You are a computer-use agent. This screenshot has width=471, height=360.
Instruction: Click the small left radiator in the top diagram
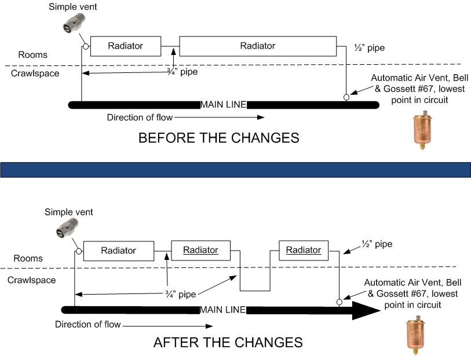[x=125, y=46]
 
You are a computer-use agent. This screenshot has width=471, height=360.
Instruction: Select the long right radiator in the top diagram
[x=257, y=46]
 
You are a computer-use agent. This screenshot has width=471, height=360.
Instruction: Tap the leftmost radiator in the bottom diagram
[x=118, y=251]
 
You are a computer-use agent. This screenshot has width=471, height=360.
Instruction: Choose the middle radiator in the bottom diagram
[x=200, y=251]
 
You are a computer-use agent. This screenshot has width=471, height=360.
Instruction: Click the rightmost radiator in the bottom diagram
[x=304, y=250]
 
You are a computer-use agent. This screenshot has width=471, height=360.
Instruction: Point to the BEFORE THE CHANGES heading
[x=218, y=138]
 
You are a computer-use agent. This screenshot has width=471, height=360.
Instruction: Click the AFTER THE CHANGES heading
[x=228, y=342]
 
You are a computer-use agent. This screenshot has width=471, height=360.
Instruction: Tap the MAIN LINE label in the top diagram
[x=223, y=105]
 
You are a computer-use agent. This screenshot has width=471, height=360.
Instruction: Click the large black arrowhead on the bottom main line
[x=360, y=310]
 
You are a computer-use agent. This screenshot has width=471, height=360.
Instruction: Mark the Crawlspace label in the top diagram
[x=35, y=74]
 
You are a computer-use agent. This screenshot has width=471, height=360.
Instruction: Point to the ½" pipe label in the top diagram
[x=369, y=48]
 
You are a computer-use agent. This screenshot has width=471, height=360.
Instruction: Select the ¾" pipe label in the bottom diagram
[x=179, y=294]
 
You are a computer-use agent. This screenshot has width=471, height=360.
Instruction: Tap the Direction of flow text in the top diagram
[x=140, y=117]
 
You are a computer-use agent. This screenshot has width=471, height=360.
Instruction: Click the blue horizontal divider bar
[x=235, y=169]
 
